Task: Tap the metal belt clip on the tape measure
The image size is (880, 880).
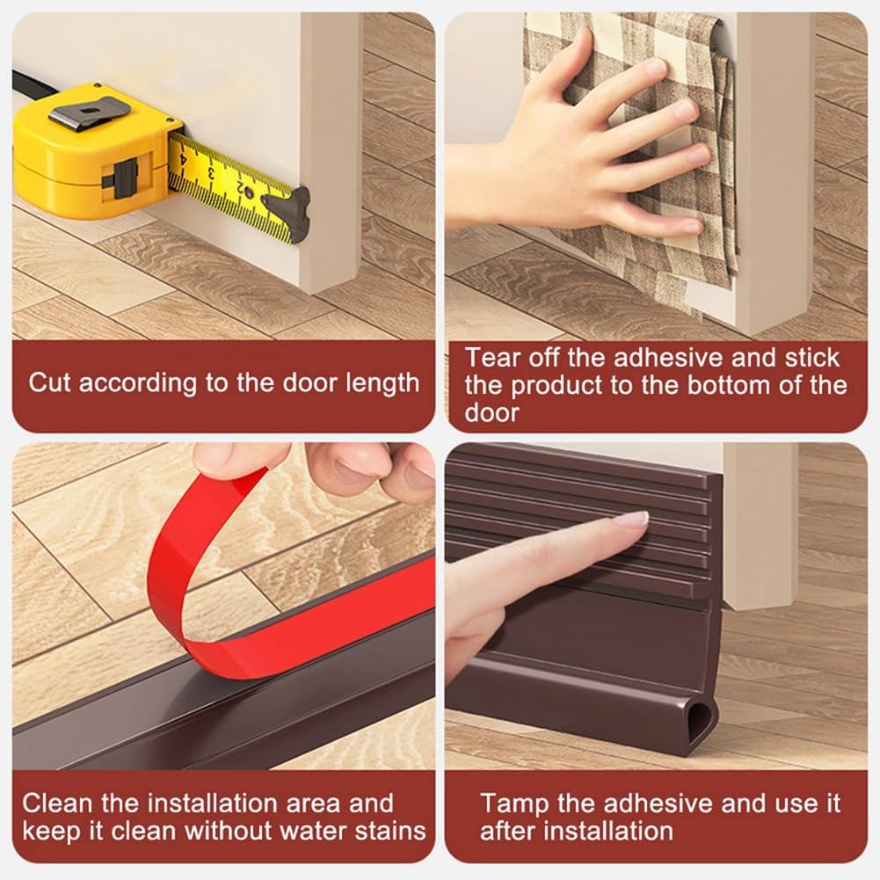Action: pos(88,113)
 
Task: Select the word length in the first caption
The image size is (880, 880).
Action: pos(383,383)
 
